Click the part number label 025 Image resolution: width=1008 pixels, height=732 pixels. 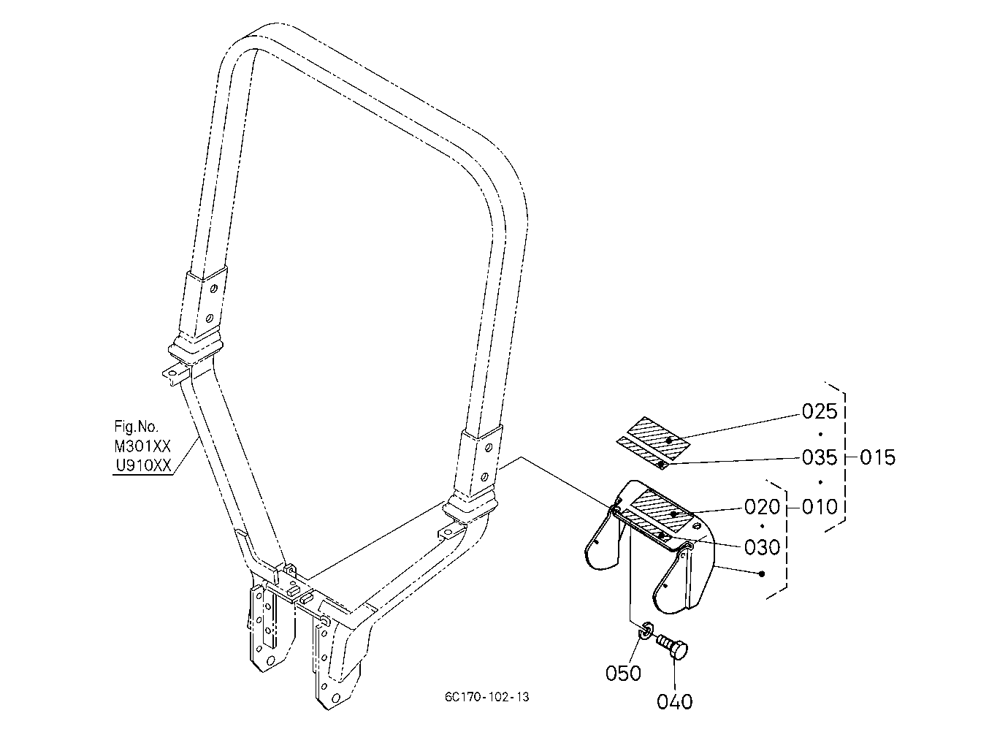tap(820, 411)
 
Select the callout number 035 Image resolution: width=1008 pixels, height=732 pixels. tap(820, 457)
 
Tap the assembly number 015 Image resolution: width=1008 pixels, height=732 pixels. tap(877, 457)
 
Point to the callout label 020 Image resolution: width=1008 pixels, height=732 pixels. tap(762, 507)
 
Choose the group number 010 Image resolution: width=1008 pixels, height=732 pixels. tap(820, 507)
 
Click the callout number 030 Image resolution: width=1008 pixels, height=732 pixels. tap(762, 547)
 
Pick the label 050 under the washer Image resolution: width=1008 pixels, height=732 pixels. tap(623, 674)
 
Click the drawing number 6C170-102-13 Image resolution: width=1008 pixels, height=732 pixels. tap(487, 698)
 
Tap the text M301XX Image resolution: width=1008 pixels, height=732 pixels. tap(142, 446)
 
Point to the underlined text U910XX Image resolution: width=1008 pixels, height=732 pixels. tap(144, 466)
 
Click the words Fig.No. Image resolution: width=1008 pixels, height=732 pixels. tap(137, 426)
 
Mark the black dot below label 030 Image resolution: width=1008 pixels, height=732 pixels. tap(762, 573)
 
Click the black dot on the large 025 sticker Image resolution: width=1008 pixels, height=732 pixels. tap(669, 441)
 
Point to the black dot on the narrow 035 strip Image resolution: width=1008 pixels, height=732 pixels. tap(660, 463)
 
